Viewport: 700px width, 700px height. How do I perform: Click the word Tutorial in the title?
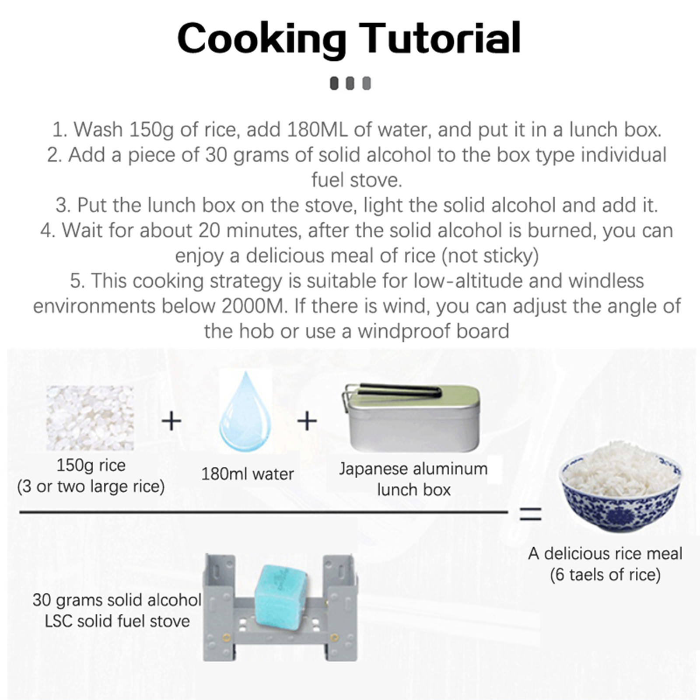pyautogui.click(x=440, y=38)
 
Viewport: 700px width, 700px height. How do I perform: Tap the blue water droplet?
pyautogui.click(x=245, y=412)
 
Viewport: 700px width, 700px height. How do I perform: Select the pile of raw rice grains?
pyautogui.click(x=90, y=418)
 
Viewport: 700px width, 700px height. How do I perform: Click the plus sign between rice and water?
pyautogui.click(x=171, y=421)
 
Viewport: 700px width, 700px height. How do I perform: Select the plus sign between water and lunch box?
pyautogui.click(x=307, y=421)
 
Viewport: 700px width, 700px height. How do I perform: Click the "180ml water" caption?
pyautogui.click(x=248, y=474)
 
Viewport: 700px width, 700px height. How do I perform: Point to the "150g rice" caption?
pyautogui.click(x=91, y=465)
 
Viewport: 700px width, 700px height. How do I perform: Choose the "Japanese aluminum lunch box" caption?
pyautogui.click(x=413, y=479)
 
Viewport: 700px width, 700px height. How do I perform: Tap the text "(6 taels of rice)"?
pyautogui.click(x=605, y=574)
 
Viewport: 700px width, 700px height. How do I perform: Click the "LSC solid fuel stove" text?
pyautogui.click(x=117, y=621)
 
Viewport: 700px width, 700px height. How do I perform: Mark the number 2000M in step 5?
pyautogui.click(x=253, y=306)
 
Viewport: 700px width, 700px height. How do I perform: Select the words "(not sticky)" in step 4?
pyautogui.click(x=490, y=256)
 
